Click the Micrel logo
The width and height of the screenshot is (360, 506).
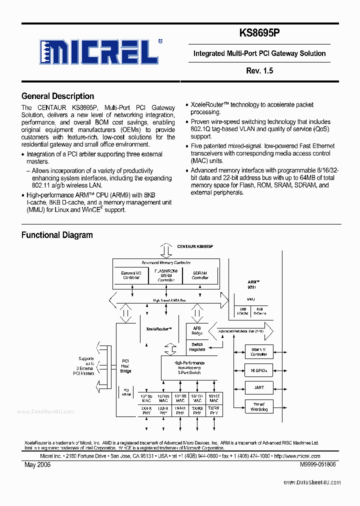coord(98,51)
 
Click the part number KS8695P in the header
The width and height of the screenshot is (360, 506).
coord(259,33)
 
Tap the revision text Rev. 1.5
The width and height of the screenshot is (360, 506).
coord(259,71)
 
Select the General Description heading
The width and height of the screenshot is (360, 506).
coord(57,96)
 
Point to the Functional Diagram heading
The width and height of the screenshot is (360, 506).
coord(57,235)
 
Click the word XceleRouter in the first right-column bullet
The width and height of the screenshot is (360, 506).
coord(209,104)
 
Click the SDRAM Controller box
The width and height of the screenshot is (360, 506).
coord(200,275)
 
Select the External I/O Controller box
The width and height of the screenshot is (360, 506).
coord(131,275)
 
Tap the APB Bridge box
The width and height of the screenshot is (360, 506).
coord(197,330)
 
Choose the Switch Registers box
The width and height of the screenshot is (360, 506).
coord(197,347)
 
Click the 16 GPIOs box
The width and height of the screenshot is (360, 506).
coord(259,370)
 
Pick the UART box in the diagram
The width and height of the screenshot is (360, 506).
coord(259,387)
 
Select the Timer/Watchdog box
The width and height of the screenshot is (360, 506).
coord(259,406)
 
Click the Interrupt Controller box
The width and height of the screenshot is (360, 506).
coord(259,351)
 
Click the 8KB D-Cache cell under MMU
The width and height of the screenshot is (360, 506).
coord(259,311)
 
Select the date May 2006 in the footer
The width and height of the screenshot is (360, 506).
coord(37,464)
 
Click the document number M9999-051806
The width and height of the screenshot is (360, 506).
coord(318,464)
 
